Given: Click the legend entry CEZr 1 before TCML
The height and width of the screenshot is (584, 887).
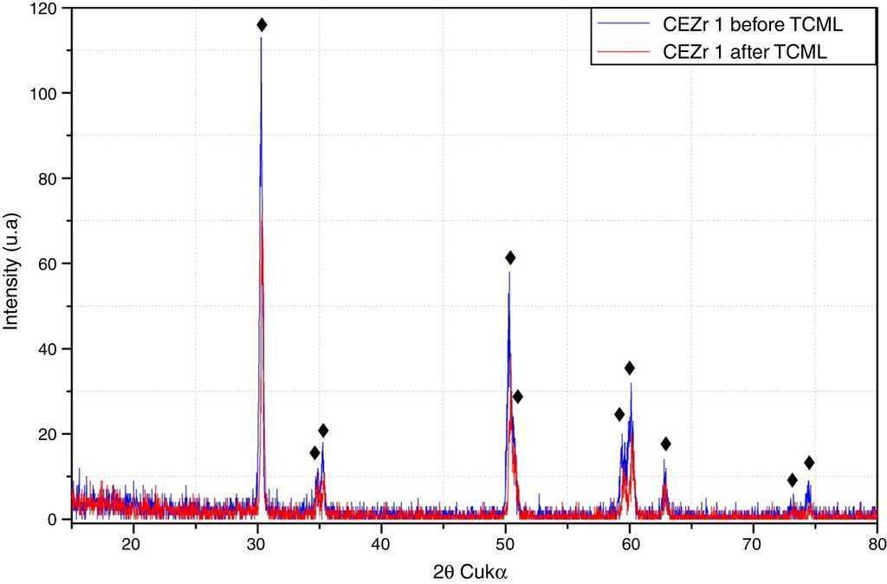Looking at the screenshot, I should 753,25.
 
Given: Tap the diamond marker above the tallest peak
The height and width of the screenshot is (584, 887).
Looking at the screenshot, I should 262,25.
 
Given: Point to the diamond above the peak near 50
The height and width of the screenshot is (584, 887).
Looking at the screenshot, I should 510,257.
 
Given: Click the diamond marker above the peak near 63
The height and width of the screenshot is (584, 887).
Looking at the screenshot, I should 665,444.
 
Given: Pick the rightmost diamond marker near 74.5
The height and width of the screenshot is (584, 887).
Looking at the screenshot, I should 809,463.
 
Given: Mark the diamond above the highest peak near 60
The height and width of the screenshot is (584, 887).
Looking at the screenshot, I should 630,367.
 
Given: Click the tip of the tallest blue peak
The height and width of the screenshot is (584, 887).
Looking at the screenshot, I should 261,38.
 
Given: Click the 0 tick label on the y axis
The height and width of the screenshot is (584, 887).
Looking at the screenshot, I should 53,519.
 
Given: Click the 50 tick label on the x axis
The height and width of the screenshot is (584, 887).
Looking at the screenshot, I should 505,543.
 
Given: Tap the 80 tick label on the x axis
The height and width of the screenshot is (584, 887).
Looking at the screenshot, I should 876,543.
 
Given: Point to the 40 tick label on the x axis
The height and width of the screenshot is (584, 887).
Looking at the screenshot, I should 380,543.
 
